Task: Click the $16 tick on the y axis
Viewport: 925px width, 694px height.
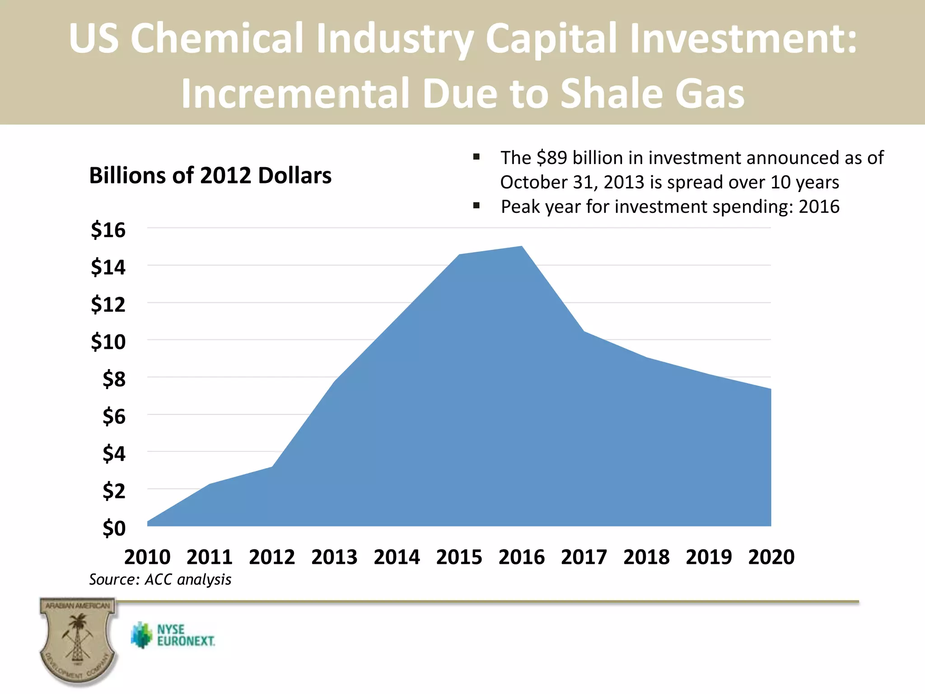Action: [x=108, y=230]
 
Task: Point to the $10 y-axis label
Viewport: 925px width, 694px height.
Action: [x=108, y=342]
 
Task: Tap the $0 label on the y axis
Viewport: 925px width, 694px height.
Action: [x=114, y=528]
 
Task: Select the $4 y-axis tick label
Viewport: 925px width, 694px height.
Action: [x=114, y=453]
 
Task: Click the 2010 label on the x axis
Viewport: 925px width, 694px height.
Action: [x=147, y=557]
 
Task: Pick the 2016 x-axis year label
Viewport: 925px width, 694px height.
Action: [x=522, y=557]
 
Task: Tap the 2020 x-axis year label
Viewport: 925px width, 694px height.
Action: [x=771, y=557]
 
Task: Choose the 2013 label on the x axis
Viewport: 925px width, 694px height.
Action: [x=334, y=557]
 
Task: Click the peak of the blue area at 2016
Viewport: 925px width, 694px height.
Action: [x=522, y=247]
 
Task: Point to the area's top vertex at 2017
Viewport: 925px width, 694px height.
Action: [x=584, y=332]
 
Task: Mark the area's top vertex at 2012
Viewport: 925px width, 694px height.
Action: [x=272, y=467]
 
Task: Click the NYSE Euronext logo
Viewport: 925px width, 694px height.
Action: [x=173, y=635]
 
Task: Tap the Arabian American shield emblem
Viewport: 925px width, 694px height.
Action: [x=78, y=639]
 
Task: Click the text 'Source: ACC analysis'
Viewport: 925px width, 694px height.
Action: [x=160, y=579]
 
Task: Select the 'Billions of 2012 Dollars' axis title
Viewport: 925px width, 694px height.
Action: [x=210, y=175]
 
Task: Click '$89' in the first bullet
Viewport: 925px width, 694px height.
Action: [x=551, y=158]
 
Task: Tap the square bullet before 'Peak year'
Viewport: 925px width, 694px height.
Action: [x=476, y=206]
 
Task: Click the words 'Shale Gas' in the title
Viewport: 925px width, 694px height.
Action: [x=652, y=94]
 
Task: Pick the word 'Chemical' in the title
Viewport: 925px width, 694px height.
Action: [x=216, y=38]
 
